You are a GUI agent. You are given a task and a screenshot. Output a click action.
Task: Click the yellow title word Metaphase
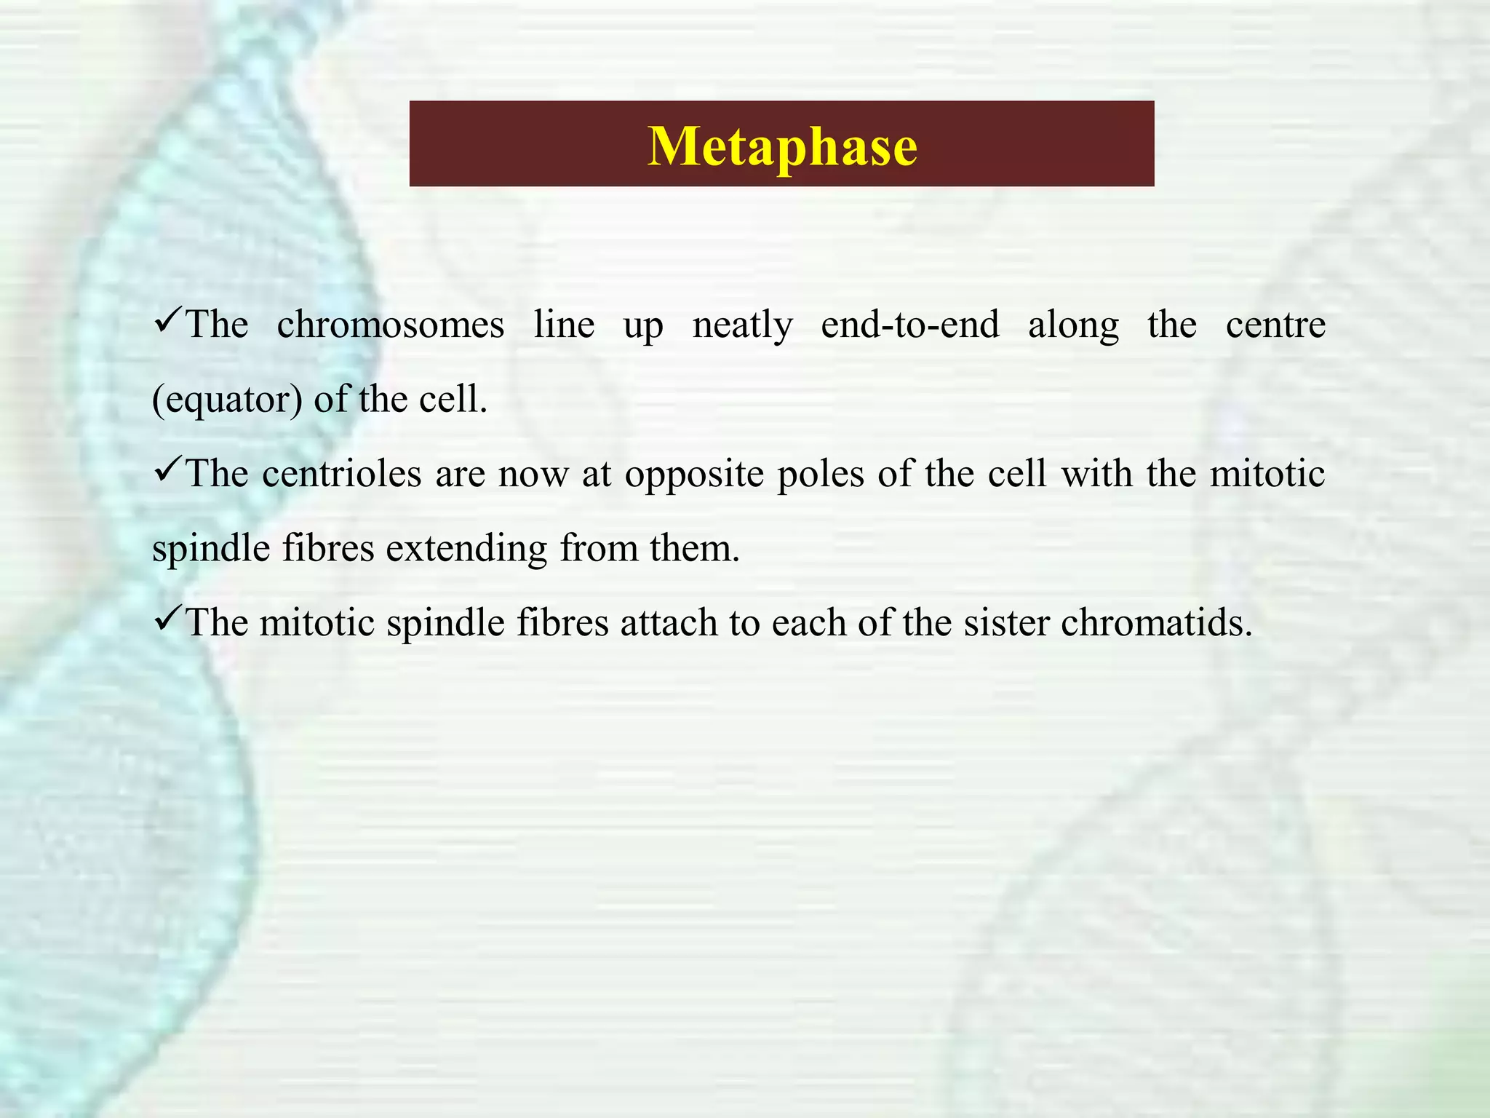[782, 146]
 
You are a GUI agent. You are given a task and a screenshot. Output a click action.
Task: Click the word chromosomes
[390, 325]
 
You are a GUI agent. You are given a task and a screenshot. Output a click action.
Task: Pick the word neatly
[742, 326]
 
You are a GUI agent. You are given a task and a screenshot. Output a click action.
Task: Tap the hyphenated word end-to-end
[909, 325]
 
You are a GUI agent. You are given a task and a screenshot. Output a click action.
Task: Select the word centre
[1275, 325]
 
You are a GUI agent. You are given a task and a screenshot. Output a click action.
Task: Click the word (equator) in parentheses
[226, 400]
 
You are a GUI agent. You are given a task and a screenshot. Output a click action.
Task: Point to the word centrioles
[342, 474]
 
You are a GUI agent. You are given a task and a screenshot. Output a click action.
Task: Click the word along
[1073, 326]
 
